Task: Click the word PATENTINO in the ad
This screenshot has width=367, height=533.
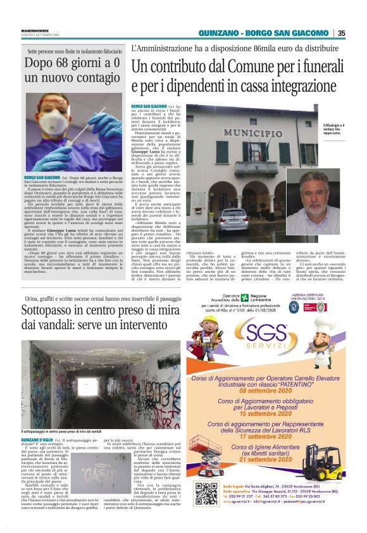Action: click(302, 384)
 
